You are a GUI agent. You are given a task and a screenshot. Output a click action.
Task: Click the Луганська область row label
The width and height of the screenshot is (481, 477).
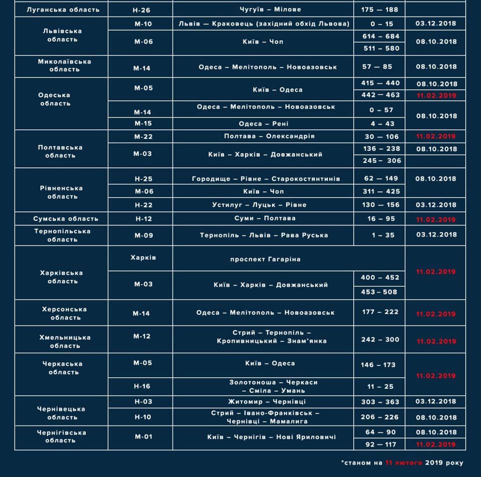point(63,10)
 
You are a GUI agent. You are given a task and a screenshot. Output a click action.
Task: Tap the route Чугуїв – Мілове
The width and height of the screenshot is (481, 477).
point(263,10)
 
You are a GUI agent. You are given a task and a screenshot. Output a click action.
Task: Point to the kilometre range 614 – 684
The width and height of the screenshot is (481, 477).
point(380,36)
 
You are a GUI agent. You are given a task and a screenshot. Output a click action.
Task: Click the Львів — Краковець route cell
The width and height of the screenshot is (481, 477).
point(263,24)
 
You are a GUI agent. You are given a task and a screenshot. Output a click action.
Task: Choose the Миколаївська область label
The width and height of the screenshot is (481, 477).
point(63,66)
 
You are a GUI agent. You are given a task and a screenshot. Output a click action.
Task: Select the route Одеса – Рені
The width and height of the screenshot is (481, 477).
point(263,124)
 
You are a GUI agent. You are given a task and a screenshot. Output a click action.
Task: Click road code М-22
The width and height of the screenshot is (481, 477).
point(143,136)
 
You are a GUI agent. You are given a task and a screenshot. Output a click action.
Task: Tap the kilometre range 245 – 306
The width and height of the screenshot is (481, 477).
point(380,161)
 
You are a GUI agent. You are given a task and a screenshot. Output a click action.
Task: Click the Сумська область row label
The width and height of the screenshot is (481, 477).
point(63,218)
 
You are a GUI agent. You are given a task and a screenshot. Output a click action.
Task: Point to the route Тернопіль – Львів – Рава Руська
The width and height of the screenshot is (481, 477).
point(264,235)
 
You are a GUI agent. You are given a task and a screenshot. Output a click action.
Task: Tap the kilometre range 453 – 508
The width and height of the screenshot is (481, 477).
point(379,292)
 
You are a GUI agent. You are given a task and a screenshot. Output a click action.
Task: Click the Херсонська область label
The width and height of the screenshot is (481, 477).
point(63,314)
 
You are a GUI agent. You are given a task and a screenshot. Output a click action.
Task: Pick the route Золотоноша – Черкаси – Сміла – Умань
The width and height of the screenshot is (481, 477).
point(273,386)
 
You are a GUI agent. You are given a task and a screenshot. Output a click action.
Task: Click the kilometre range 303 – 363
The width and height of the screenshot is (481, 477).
point(380,402)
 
